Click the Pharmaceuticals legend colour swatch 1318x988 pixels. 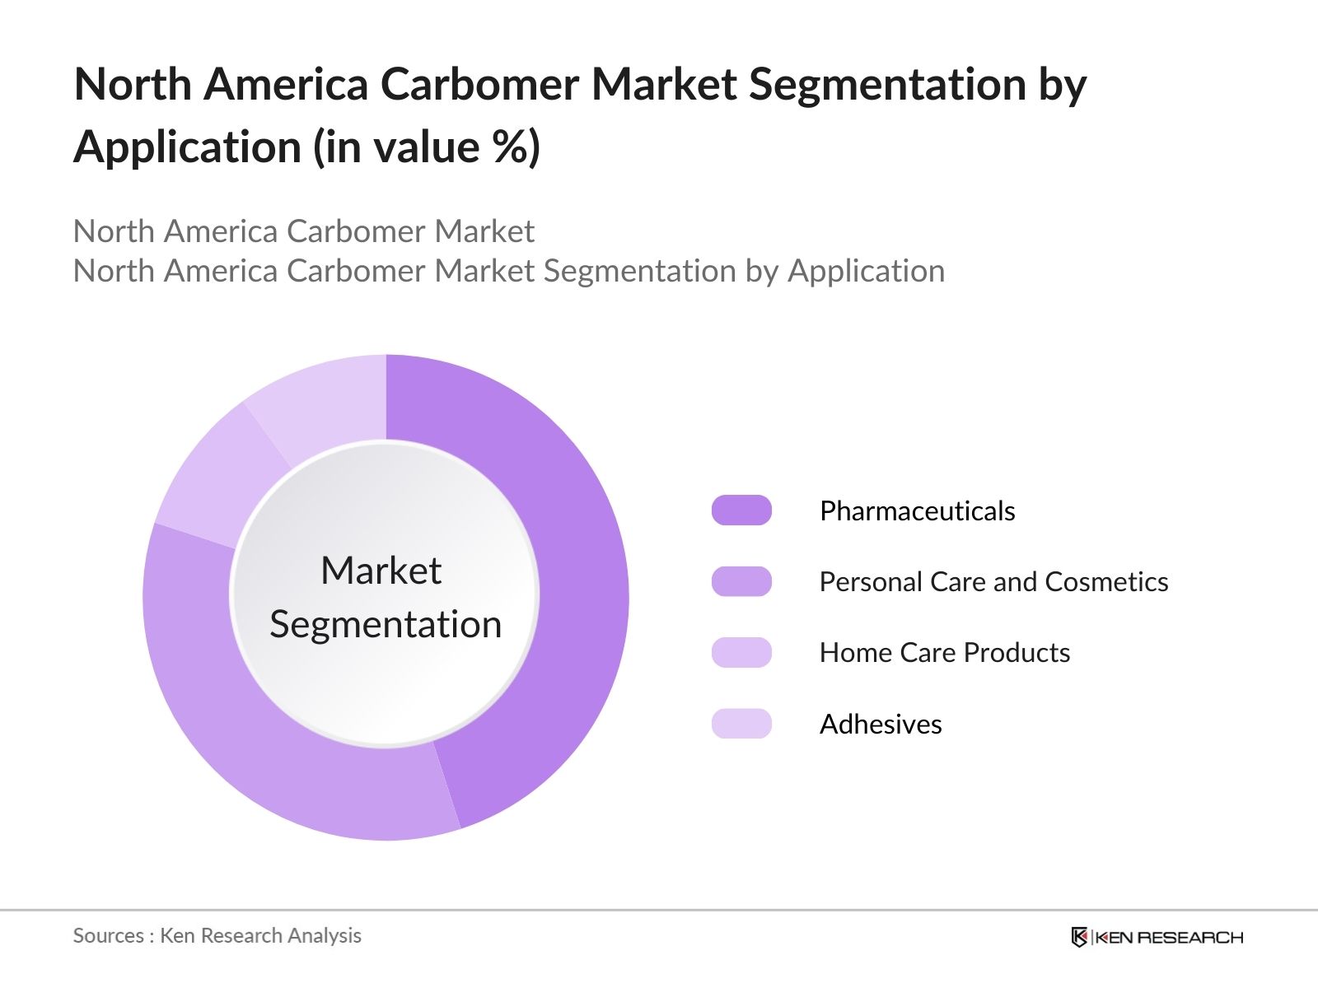pos(741,510)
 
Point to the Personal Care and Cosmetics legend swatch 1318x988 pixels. pos(741,581)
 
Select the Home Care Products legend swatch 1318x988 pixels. pos(741,652)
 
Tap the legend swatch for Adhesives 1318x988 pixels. pos(741,724)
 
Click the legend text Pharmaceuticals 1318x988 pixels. pos(917,511)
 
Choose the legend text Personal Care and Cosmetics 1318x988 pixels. pos(993,582)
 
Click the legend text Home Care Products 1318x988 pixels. pos(945,653)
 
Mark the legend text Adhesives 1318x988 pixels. pos(881,725)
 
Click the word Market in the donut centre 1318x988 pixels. pos(381,571)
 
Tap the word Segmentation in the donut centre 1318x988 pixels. pos(386,624)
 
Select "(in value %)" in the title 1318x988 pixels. pos(426,147)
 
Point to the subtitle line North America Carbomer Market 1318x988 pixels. pos(303,231)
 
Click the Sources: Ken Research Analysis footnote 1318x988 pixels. pos(217,935)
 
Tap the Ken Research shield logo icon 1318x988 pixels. pos(1079,937)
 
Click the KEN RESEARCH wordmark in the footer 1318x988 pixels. pos(1169,937)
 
